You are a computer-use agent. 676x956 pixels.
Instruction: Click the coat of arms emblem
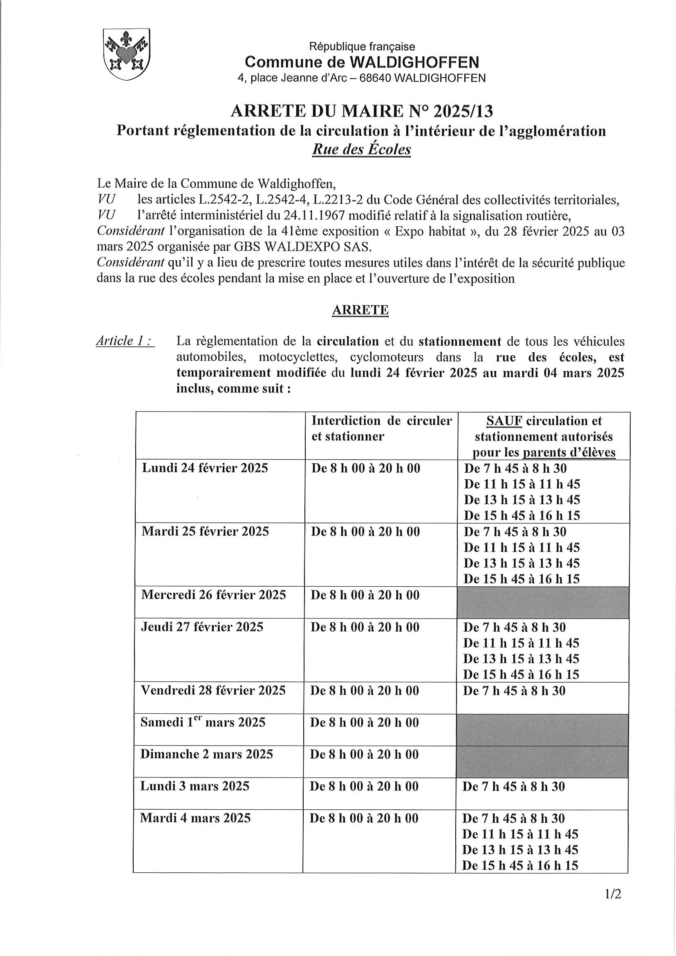(126, 54)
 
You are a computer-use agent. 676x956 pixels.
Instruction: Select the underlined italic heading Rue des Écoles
(361, 149)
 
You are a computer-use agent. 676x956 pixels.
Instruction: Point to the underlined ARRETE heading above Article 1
(360, 310)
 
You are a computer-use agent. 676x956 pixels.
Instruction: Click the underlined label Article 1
(125, 341)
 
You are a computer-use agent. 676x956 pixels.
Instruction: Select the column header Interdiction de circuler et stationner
(381, 429)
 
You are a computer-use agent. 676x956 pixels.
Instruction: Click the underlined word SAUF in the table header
(504, 420)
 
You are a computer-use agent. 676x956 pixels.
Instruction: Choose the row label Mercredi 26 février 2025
(214, 595)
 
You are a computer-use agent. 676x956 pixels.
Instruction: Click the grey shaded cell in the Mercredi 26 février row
(543, 603)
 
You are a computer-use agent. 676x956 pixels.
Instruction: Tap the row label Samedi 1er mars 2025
(203, 722)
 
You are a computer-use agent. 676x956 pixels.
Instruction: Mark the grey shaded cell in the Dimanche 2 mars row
(542, 762)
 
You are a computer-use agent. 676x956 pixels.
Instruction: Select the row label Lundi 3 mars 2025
(195, 786)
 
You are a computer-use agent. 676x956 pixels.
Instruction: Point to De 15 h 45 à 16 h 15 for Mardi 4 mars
(520, 866)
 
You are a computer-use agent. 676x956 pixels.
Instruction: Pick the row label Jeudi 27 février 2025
(202, 627)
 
